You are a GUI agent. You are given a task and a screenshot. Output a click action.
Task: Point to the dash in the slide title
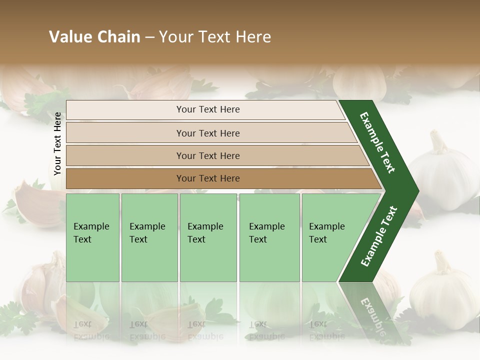click(x=149, y=37)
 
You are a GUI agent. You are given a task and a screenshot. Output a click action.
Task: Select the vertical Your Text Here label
click(x=57, y=144)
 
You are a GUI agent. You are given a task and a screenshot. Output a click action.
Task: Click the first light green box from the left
click(x=92, y=237)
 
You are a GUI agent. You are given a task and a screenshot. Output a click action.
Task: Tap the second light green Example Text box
click(x=149, y=237)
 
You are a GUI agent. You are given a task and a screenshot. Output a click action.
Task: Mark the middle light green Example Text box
click(x=208, y=237)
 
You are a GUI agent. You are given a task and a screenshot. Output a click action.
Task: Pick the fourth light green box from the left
click(x=269, y=237)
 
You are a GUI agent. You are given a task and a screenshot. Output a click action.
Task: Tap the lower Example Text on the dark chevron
click(x=378, y=236)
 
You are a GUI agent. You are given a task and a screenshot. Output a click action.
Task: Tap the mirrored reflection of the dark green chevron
click(x=372, y=310)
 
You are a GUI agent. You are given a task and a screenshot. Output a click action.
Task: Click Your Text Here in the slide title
click(x=215, y=37)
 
